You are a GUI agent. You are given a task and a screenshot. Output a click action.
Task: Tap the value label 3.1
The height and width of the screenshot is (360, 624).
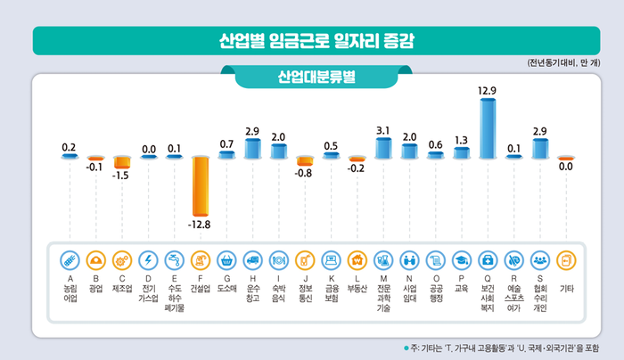[383, 130]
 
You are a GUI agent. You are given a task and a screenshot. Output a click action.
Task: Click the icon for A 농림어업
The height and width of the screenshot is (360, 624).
[70, 260]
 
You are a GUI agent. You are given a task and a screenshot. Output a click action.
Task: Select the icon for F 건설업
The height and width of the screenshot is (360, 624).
[201, 260]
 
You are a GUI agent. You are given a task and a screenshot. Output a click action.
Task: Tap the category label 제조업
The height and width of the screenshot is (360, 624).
[122, 289]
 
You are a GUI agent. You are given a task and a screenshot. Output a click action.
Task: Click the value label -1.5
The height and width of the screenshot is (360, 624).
[122, 176]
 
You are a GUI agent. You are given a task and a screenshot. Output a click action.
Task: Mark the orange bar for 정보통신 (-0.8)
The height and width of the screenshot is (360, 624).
[305, 161]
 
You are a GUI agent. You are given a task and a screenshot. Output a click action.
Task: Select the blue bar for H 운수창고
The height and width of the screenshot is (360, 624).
[252, 148]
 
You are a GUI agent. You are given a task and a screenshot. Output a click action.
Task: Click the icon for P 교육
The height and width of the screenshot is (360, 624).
[462, 260]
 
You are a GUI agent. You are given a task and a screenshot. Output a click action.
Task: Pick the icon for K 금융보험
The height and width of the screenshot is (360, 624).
[331, 260]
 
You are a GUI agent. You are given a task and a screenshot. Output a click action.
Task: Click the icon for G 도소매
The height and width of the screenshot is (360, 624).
[226, 260]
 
